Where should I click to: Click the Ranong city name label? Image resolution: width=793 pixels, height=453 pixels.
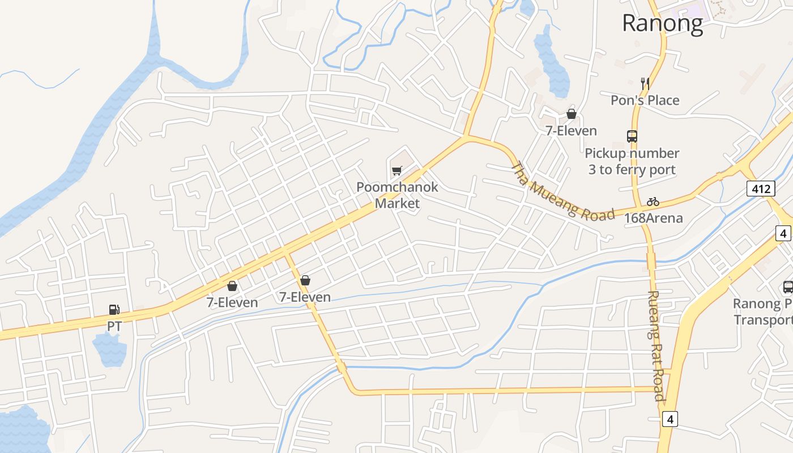(662, 23)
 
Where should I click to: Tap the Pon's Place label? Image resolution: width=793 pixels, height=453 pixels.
(645, 100)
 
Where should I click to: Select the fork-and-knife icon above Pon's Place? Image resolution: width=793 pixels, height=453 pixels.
(645, 84)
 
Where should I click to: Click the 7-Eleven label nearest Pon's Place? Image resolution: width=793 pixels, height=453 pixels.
(571, 131)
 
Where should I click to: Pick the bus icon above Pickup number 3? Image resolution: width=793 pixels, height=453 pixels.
(632, 136)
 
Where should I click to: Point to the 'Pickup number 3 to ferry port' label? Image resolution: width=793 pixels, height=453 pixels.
(632, 161)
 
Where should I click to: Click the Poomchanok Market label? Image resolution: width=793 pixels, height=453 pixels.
(397, 195)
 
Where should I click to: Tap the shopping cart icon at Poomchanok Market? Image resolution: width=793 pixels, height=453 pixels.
(397, 170)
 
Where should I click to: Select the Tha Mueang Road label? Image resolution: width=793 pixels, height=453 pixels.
(562, 193)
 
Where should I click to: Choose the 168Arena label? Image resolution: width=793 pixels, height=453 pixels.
(653, 218)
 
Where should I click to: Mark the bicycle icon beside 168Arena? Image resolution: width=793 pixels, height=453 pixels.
(653, 202)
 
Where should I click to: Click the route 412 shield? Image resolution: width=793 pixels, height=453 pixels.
(760, 189)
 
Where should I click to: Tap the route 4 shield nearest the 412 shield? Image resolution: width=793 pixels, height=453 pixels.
(783, 233)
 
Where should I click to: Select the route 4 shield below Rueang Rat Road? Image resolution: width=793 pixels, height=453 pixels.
(670, 420)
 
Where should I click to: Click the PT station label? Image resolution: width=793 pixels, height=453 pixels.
(114, 327)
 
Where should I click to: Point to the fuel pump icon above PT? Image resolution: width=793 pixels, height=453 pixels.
(114, 310)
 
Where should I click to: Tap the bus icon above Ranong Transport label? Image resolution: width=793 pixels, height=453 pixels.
(788, 287)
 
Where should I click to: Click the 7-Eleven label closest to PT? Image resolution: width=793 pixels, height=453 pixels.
(232, 302)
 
